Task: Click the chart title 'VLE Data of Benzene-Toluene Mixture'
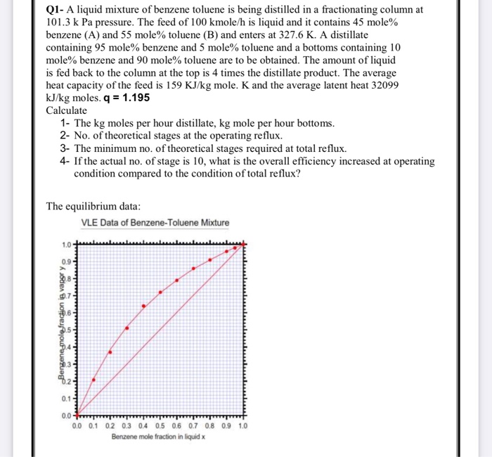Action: click(155, 223)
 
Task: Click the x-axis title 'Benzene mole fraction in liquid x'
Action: click(158, 437)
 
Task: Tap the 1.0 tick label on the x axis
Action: click(243, 426)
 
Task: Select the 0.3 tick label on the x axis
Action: click(127, 426)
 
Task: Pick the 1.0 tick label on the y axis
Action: click(65, 245)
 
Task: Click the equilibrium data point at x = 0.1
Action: click(93, 379)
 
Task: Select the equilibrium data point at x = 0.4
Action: click(144, 306)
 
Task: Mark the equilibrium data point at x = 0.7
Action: click(194, 269)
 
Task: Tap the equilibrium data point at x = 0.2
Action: click(110, 351)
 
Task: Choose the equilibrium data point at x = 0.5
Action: click(161, 291)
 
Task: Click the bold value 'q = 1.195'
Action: click(127, 98)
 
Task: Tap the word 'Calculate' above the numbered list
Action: click(67, 110)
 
